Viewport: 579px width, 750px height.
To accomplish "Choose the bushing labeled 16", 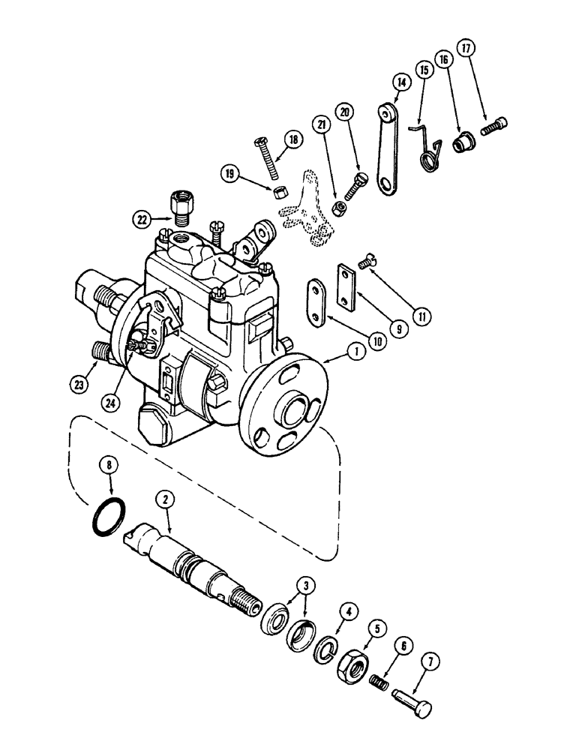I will (x=460, y=142).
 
